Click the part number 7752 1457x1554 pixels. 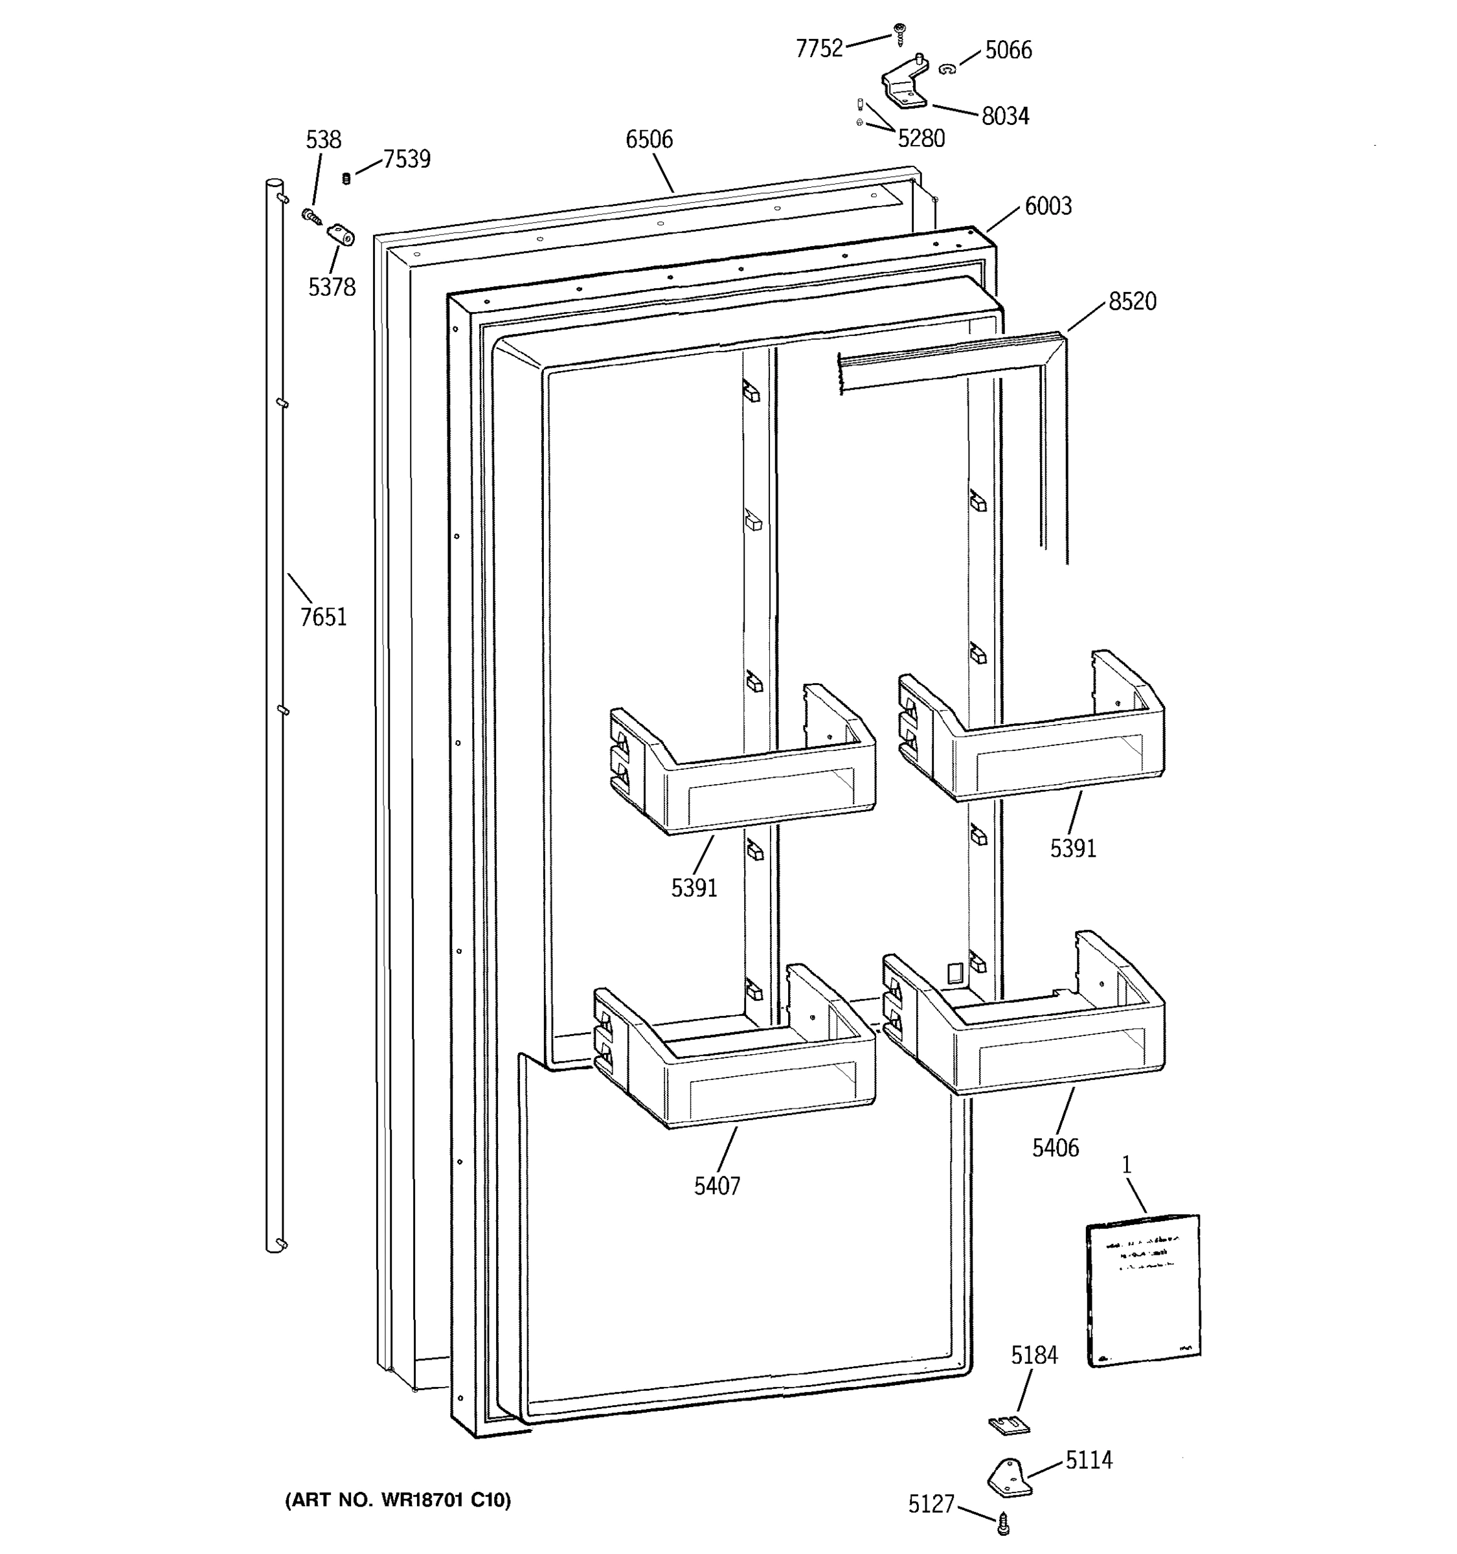pos(819,49)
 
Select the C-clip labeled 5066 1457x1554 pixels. pos(947,69)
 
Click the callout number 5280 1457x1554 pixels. pos(921,139)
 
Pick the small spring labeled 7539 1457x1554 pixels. pos(346,179)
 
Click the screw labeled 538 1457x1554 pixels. pos(311,215)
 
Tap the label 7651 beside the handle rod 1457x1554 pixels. pos(323,618)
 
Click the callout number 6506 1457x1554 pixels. pos(649,139)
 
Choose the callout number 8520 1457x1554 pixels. pos(1132,302)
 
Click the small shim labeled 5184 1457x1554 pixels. pos(1009,1425)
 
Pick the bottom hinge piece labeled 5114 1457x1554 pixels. pos(1010,1478)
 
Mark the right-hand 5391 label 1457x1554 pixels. pos(1072,848)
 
